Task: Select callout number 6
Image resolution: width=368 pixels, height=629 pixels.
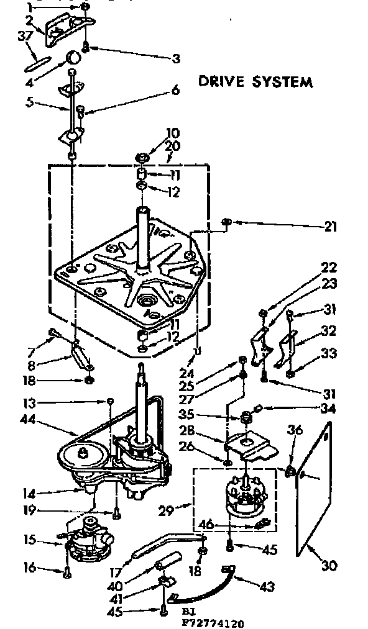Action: point(175,91)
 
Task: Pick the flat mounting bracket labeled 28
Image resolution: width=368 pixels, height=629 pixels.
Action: point(249,444)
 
